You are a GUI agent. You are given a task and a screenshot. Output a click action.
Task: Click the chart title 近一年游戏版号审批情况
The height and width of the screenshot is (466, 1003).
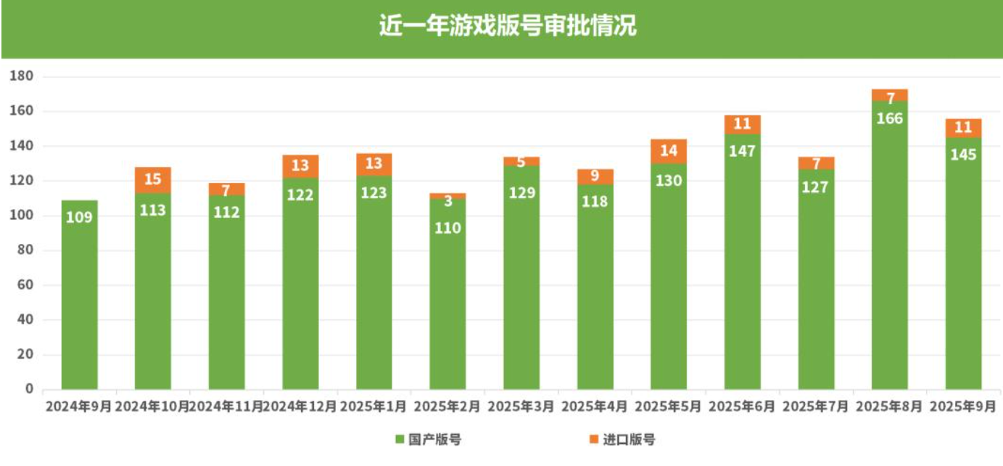(x=507, y=26)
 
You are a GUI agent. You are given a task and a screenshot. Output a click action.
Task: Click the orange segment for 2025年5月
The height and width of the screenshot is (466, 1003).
(x=669, y=152)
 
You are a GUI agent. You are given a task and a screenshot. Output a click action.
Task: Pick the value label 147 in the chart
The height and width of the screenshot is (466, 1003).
(x=743, y=151)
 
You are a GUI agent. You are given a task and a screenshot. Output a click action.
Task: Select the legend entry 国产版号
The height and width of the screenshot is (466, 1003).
(x=428, y=439)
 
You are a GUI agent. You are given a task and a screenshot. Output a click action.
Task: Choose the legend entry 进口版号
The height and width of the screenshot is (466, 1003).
(x=622, y=439)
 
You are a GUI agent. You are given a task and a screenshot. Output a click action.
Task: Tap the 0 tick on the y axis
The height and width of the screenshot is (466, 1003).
(x=30, y=389)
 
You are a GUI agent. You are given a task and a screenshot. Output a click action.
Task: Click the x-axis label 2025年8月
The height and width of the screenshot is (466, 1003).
(x=889, y=406)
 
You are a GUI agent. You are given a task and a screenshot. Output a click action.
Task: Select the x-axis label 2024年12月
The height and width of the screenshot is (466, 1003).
(x=300, y=406)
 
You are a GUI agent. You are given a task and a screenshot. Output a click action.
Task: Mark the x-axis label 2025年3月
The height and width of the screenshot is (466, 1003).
(x=521, y=406)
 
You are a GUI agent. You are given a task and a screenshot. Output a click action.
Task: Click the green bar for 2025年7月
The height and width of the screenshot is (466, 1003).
(x=816, y=290)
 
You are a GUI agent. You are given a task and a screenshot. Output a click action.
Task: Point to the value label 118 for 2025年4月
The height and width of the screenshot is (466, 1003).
(x=595, y=202)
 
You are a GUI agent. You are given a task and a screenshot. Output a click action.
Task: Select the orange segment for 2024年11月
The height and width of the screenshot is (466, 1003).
(x=226, y=189)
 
